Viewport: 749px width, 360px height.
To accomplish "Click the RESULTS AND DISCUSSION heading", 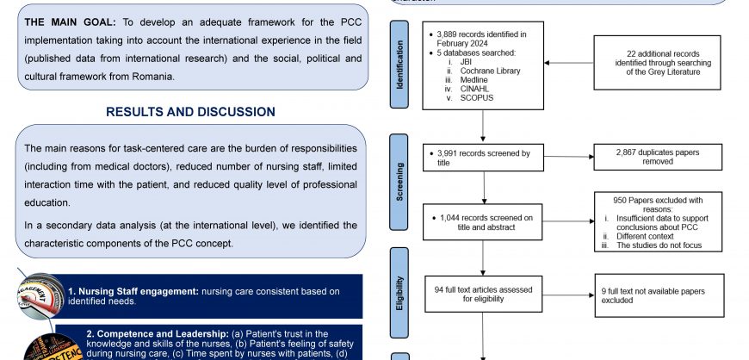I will tap(190, 112).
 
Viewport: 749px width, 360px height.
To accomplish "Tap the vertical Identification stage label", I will tap(399, 64).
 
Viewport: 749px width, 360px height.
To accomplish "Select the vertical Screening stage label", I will tap(399, 182).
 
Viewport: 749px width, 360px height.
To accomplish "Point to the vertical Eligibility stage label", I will tap(399, 292).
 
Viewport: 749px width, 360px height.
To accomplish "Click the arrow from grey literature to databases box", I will tap(569, 62).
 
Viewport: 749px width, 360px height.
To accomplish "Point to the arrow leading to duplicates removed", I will tap(569, 157).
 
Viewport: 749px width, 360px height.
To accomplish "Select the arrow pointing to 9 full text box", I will tap(569, 295).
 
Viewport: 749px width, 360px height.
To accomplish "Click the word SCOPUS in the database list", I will tap(471, 99).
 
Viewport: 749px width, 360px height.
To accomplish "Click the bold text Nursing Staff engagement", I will tap(133, 290).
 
